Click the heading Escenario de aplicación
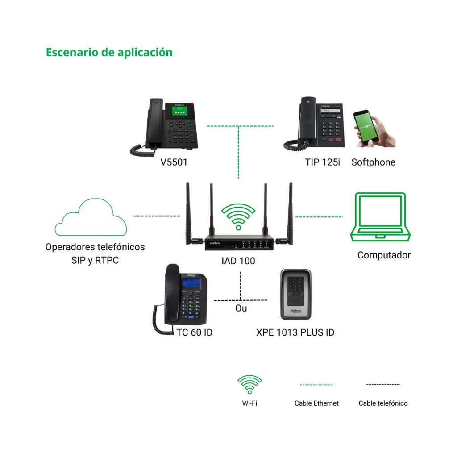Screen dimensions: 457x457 click(x=109, y=52)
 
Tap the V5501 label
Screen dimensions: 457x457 click(x=174, y=162)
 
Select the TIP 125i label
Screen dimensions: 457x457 click(x=322, y=162)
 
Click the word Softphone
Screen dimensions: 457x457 click(x=373, y=162)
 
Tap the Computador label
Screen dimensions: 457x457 click(x=384, y=255)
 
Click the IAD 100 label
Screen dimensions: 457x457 click(x=238, y=261)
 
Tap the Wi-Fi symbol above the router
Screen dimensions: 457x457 click(x=239, y=216)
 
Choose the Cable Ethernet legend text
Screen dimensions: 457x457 click(x=316, y=403)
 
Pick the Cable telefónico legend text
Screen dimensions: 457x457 click(x=383, y=403)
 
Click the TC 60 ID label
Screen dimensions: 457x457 click(x=194, y=332)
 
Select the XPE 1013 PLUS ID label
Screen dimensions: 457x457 click(x=295, y=332)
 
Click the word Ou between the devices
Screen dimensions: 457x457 click(x=241, y=308)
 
